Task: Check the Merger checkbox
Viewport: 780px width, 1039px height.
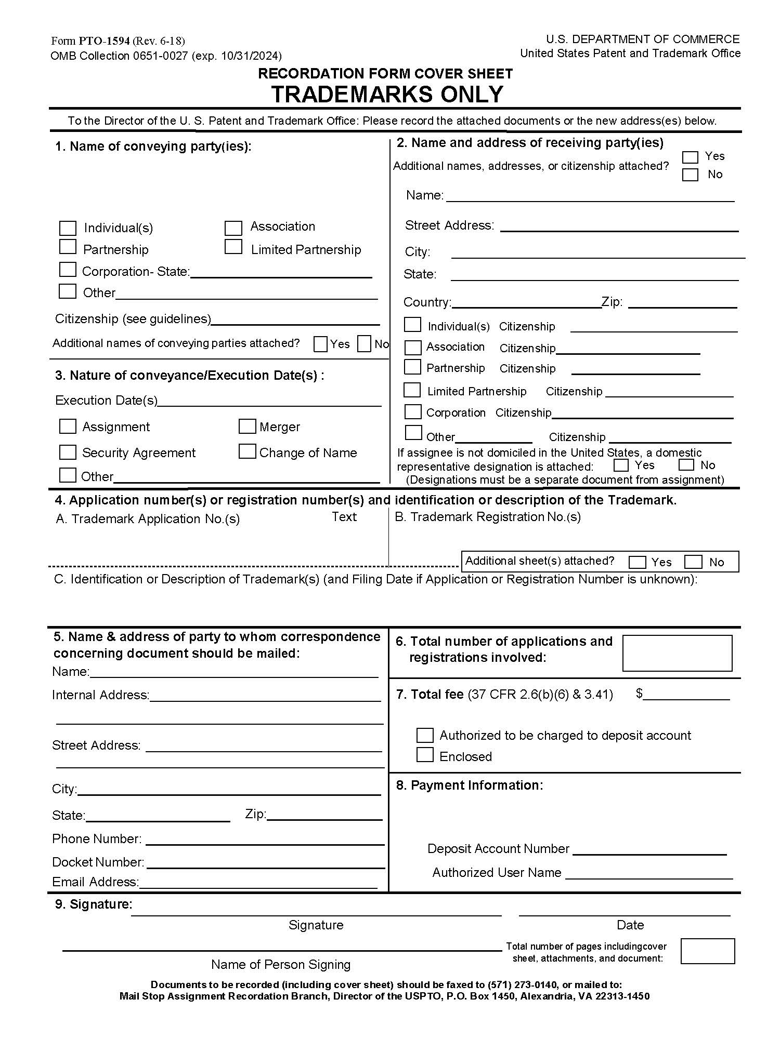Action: pyautogui.click(x=247, y=427)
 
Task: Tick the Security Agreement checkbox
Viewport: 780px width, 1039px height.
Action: pyautogui.click(x=68, y=452)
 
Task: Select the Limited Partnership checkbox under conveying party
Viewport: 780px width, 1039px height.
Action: pyautogui.click(x=233, y=247)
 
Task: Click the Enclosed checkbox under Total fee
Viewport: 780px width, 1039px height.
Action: pyautogui.click(x=425, y=755)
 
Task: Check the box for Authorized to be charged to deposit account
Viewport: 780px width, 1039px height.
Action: pyautogui.click(x=425, y=735)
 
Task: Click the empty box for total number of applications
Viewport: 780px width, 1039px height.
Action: pyautogui.click(x=677, y=653)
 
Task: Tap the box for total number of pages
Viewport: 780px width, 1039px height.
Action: pyautogui.click(x=707, y=951)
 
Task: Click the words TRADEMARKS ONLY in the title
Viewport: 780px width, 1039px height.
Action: pyautogui.click(x=387, y=95)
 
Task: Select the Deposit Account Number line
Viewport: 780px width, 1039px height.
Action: pyautogui.click(x=649, y=850)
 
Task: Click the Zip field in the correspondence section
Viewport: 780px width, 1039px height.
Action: pyautogui.click(x=324, y=816)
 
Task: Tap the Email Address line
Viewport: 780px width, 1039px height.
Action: pyautogui.click(x=258, y=884)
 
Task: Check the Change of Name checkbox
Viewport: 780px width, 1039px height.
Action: pyautogui.click(x=247, y=451)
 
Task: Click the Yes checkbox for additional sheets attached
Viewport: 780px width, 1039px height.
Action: pyautogui.click(x=637, y=562)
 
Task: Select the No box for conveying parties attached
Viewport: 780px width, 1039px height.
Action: pyautogui.click(x=365, y=344)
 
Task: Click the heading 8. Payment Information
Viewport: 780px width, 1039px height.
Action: pyautogui.click(x=469, y=785)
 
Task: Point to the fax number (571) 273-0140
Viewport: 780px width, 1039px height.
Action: pyautogui.click(x=522, y=984)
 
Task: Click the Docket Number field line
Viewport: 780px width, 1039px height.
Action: pyautogui.click(x=265, y=863)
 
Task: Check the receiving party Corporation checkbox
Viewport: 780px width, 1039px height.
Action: pyautogui.click(x=413, y=412)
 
